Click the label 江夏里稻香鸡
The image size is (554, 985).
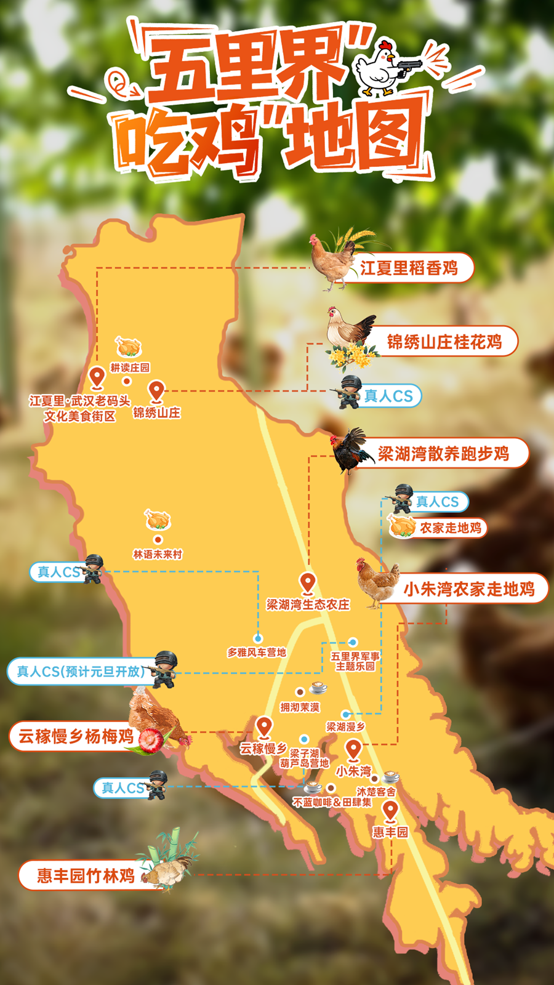[x=409, y=268]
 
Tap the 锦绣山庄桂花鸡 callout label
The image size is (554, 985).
[x=444, y=342]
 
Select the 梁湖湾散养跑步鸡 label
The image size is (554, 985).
[x=443, y=454]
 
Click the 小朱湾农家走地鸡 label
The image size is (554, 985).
[x=468, y=589]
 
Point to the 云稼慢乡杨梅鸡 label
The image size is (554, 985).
[x=76, y=736]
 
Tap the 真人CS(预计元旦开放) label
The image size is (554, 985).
[x=81, y=671]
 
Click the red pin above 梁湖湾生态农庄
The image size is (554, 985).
[x=308, y=582]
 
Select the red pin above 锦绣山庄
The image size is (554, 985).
[x=157, y=390]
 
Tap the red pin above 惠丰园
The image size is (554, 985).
[x=390, y=810]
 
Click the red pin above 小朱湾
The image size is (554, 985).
[x=353, y=749]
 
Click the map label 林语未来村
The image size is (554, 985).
[x=158, y=554]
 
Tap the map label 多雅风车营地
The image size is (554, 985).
[x=257, y=653]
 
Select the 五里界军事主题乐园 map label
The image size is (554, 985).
[x=355, y=661]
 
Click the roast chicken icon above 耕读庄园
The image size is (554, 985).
[x=129, y=347]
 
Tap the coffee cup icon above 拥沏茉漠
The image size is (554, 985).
[x=318, y=687]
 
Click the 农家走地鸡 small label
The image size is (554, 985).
[x=450, y=528]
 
